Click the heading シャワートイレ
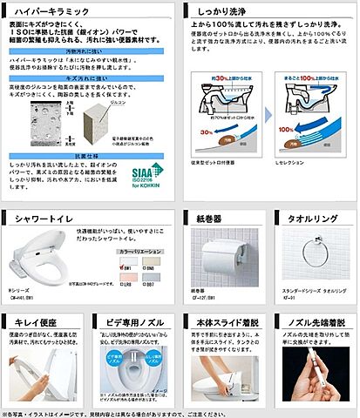38,218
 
